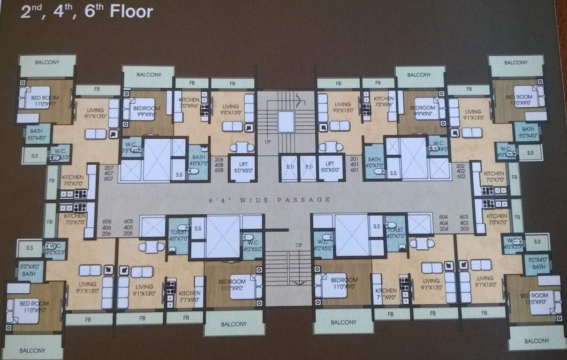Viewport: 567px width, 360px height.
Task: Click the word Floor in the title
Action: pyautogui.click(x=131, y=11)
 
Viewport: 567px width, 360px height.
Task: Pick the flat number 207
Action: pyautogui.click(x=109, y=168)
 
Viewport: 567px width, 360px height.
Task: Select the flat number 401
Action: pyautogui.click(x=354, y=165)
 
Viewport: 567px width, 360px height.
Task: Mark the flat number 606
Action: pyautogui.click(x=107, y=221)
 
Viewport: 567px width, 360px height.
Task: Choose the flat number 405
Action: pyautogui.click(x=129, y=227)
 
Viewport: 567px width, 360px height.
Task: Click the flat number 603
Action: pyautogui.click(x=464, y=217)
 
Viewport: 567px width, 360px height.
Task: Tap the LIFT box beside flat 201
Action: pyautogui.click(x=331, y=168)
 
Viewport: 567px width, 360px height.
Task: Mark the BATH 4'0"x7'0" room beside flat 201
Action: pyautogui.click(x=374, y=162)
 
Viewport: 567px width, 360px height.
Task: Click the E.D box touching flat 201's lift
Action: pyautogui.click(x=309, y=168)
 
